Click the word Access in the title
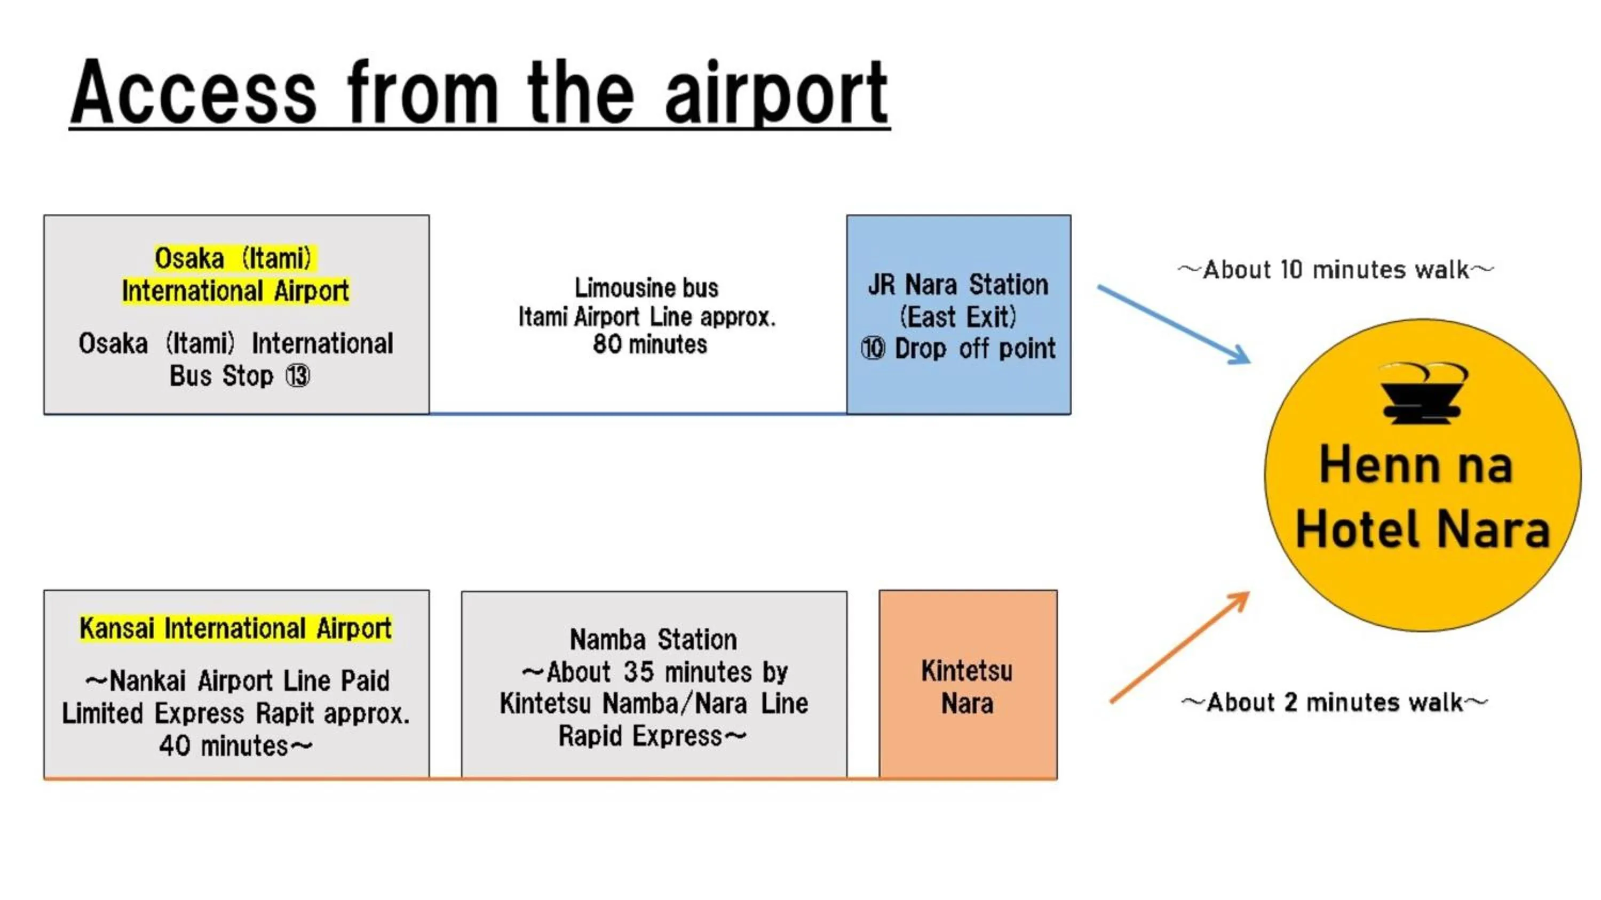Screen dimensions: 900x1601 pos(194,93)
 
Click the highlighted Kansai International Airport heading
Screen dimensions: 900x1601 pos(235,628)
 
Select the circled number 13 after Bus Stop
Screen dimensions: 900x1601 pos(298,376)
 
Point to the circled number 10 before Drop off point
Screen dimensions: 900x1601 pos(873,349)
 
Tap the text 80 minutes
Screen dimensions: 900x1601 pos(649,344)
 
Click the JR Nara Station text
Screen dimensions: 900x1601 pos(958,285)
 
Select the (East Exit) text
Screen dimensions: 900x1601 pos(958,317)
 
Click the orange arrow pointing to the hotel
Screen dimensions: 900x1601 pos(1179,647)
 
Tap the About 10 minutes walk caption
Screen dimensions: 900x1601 pos(1336,270)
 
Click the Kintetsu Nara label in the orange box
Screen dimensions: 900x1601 pos(967,687)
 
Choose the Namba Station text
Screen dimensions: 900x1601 pos(653,639)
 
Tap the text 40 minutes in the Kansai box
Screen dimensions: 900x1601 pos(224,746)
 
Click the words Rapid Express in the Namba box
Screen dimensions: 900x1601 pos(640,736)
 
